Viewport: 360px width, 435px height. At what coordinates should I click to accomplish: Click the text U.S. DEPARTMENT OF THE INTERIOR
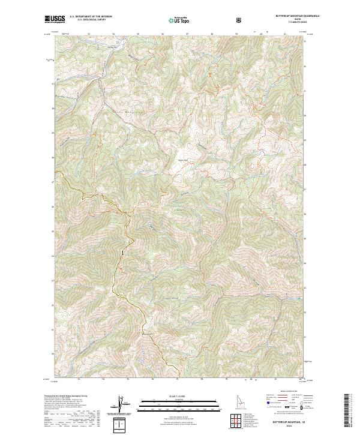point(89,17)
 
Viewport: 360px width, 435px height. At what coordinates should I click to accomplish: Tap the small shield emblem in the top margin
point(241,20)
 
